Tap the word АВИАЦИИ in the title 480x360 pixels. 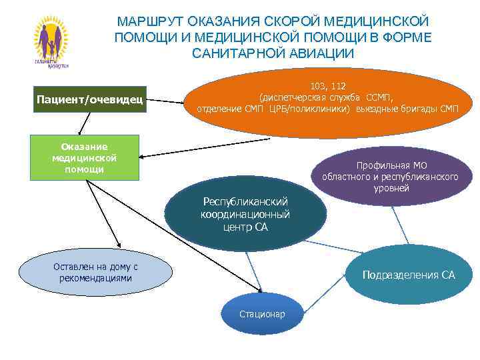(319, 53)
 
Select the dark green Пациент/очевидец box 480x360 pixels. (89, 101)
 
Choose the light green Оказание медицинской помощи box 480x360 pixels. (84, 158)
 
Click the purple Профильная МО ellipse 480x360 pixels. (391, 176)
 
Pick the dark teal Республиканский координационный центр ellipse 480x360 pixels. (245, 214)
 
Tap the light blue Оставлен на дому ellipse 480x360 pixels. (95, 272)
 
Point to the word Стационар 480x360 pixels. (262, 314)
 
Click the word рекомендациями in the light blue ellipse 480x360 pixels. (95, 278)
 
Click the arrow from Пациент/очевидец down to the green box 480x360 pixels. (81, 124)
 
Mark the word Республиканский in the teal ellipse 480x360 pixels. (245, 202)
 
